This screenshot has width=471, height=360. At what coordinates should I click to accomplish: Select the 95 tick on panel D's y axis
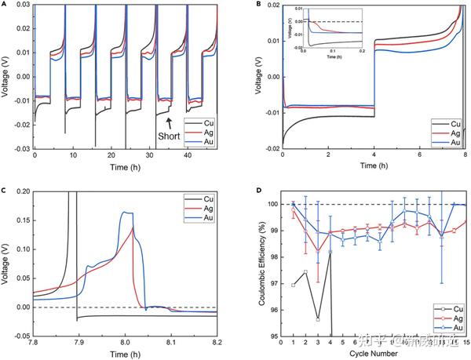tap(273, 337)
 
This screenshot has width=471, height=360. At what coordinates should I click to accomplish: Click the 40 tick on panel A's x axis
tap(187, 155)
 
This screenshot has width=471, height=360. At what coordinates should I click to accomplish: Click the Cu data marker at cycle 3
tap(318, 319)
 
